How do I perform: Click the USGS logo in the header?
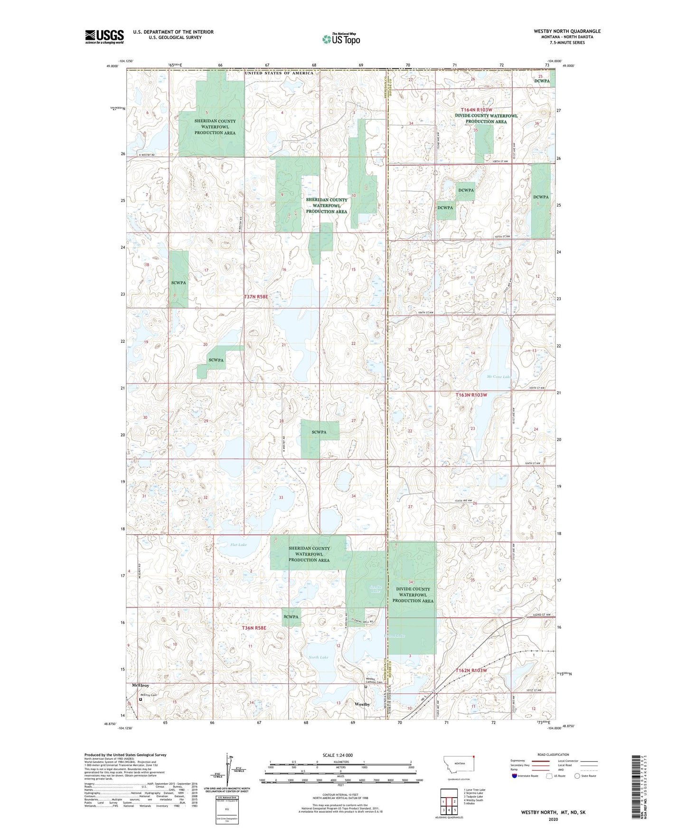point(104,37)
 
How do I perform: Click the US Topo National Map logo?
point(340,39)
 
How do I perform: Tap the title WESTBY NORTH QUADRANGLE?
point(567,31)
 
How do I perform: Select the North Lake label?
point(318,657)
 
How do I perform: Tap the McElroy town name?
point(140,686)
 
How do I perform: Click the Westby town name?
point(362,704)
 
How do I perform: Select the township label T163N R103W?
point(471,395)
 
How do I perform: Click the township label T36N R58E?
point(254,628)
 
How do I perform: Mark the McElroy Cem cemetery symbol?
point(141,699)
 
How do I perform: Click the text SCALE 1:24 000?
point(337,755)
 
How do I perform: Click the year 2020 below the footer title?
point(553,820)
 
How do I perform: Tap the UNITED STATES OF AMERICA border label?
point(279,73)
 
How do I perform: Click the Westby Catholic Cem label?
point(374,680)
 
